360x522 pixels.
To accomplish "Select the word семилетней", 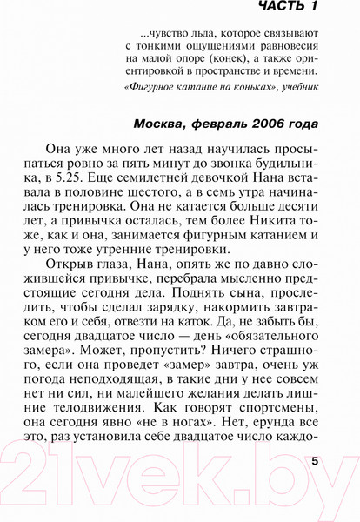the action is coord(223,182).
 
